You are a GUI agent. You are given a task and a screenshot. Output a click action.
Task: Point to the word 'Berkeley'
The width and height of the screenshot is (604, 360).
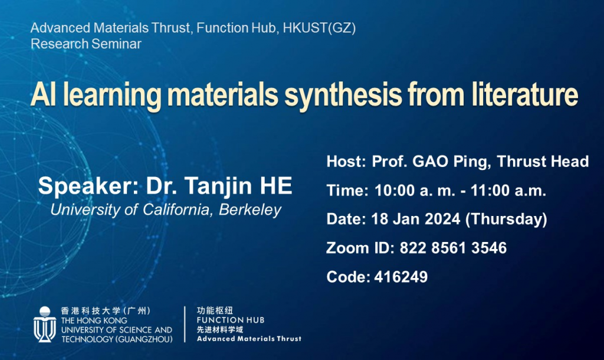tap(250, 210)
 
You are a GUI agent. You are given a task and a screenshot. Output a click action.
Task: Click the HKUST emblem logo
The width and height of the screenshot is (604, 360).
tap(45, 324)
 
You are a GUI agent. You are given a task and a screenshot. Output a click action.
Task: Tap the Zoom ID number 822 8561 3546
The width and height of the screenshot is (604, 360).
tap(453, 248)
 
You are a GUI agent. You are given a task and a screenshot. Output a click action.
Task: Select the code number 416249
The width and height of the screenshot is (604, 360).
tap(401, 277)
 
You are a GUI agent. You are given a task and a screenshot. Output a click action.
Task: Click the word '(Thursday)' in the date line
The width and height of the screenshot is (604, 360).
tap(506, 220)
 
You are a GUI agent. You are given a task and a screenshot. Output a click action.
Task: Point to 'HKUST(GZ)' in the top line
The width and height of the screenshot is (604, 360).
tap(319, 28)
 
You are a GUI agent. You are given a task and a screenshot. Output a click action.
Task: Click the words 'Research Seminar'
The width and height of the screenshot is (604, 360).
tap(86, 44)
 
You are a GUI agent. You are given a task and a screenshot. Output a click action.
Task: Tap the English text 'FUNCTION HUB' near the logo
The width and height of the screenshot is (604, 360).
tap(231, 320)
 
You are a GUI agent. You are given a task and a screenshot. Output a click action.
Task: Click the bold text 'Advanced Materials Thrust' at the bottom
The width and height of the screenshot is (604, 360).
tap(250, 339)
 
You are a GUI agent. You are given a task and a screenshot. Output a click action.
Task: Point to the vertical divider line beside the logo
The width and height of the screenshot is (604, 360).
tap(185, 324)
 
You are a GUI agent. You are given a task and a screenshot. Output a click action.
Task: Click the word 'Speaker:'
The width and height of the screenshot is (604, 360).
tap(88, 186)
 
